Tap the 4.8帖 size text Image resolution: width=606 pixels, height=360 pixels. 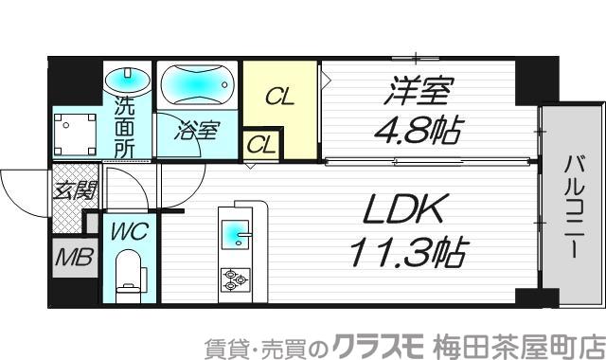point(414,131)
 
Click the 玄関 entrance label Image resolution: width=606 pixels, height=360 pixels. point(72,189)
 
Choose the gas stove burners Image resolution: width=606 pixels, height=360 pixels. point(234,279)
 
